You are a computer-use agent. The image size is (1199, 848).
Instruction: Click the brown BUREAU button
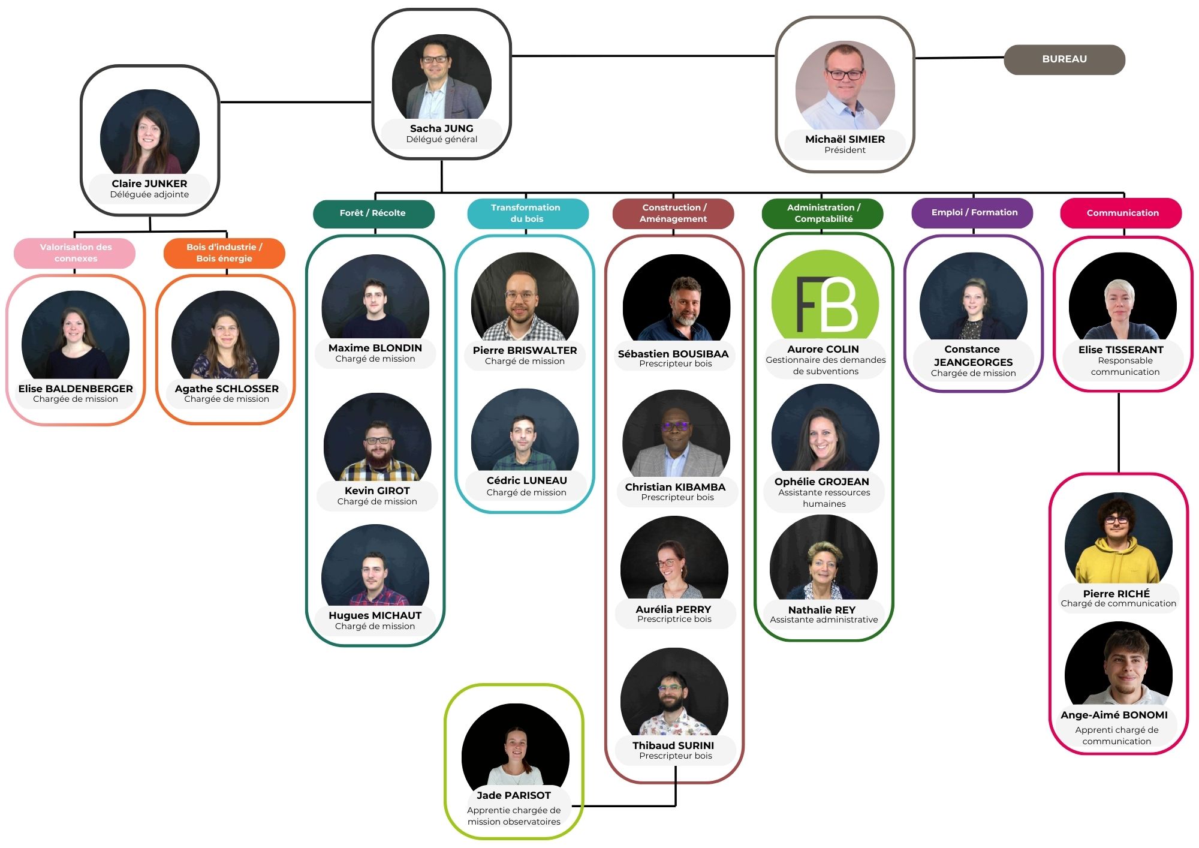[x=1064, y=59]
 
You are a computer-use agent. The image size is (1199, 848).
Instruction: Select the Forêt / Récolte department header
[x=373, y=213]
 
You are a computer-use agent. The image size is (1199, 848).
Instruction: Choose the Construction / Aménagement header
[x=673, y=213]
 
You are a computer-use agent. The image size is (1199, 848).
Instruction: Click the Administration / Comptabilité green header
[x=823, y=213]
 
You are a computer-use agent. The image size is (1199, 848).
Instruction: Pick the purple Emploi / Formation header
[x=972, y=213]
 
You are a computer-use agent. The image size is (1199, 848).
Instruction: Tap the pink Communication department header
[x=1121, y=213]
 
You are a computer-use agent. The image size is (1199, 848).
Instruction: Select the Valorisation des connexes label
[x=75, y=252]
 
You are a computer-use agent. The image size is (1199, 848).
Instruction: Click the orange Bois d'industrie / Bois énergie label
[x=224, y=252]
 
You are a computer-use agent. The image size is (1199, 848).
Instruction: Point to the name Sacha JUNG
[x=442, y=128]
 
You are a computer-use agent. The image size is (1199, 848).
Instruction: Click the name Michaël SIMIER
[x=845, y=139]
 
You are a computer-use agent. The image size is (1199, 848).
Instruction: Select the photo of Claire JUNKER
[x=150, y=135]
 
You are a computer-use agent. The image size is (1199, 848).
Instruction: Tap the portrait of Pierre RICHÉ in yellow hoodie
[x=1118, y=540]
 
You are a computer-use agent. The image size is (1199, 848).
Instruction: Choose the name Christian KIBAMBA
[x=675, y=487]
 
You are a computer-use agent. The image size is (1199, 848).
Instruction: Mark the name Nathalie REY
[x=822, y=610]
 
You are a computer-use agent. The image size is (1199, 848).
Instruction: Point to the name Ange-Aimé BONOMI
[x=1114, y=715]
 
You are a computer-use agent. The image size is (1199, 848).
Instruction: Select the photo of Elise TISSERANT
[x=1122, y=298]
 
